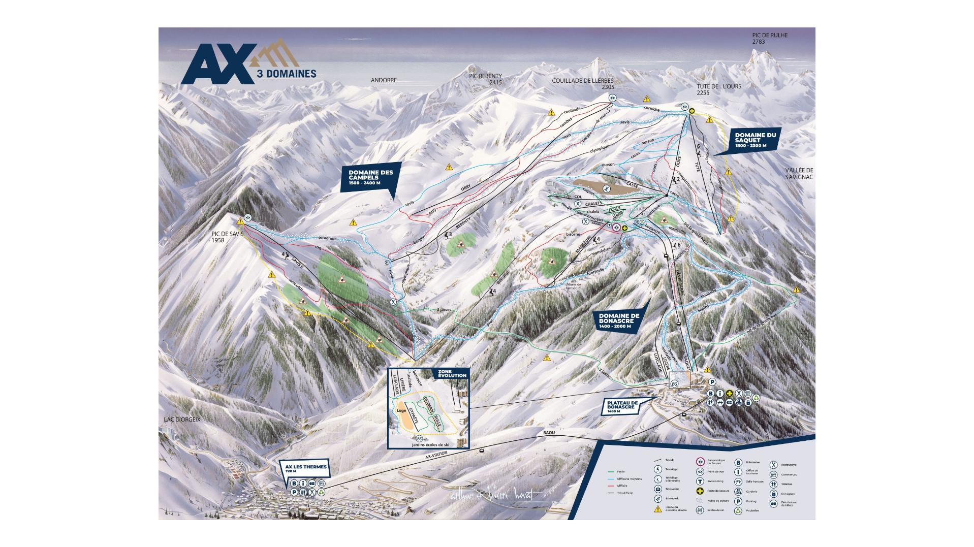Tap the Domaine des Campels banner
click(370, 177)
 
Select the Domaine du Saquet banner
click(755, 140)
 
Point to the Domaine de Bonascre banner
click(619, 320)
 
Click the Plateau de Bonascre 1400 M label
click(622, 406)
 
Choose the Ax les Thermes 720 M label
click(305, 468)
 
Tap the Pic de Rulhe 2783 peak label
click(769, 39)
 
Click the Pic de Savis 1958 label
click(227, 237)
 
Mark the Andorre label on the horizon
click(384, 80)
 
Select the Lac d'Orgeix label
click(182, 420)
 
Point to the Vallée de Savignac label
click(799, 174)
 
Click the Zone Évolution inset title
click(452, 373)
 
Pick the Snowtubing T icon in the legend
click(700, 481)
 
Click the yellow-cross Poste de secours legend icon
click(700, 491)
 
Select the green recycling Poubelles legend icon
click(738, 510)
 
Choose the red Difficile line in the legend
click(611, 486)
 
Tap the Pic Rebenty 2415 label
click(486, 79)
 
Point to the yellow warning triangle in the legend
click(658, 509)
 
